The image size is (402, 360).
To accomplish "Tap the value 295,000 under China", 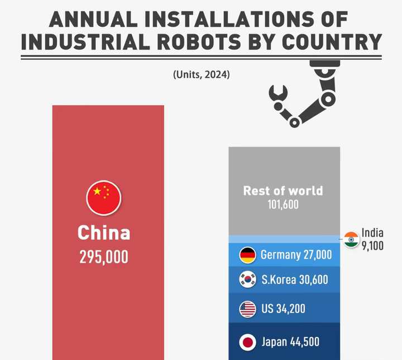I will tap(104, 257).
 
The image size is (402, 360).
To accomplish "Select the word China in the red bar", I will tap(104, 233).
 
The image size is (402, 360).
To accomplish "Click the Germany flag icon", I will tap(247, 255).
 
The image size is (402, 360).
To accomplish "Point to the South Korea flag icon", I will tap(247, 280).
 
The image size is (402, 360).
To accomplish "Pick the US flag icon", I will tap(247, 309).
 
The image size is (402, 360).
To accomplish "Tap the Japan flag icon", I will tap(247, 342).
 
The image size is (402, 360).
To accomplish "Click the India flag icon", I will tap(351, 239).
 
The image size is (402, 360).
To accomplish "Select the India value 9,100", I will tap(372, 245).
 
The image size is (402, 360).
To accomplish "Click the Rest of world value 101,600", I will tap(283, 205).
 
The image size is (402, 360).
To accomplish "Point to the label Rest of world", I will tap(283, 191).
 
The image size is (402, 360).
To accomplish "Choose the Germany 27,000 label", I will tap(296, 255).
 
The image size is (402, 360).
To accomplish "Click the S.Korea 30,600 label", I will tap(295, 280).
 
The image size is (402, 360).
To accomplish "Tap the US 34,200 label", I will tap(283, 309).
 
